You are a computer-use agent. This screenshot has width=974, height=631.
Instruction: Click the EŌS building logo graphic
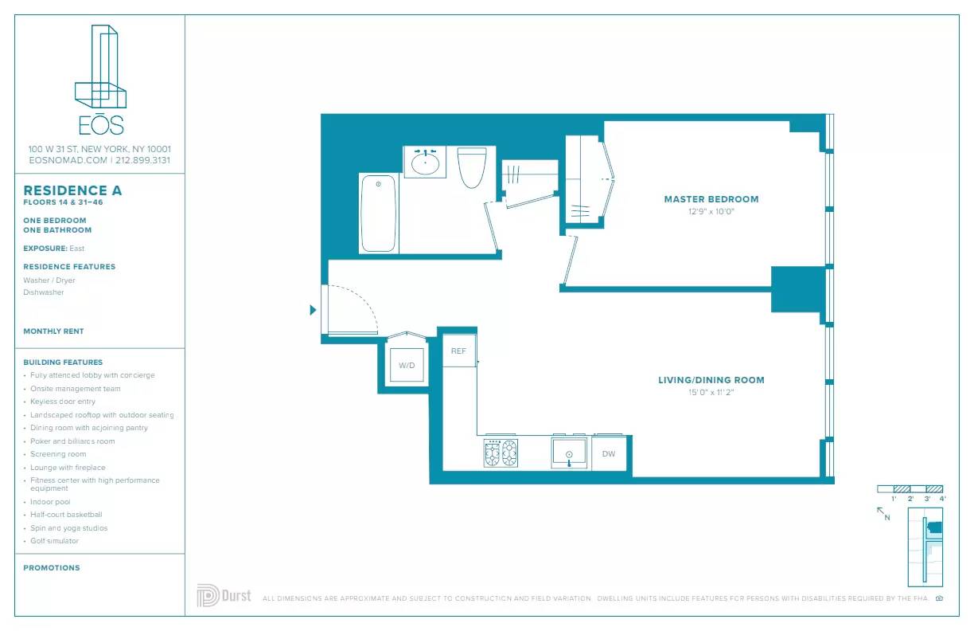pos(100,80)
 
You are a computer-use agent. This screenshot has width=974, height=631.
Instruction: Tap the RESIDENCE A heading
pos(72,190)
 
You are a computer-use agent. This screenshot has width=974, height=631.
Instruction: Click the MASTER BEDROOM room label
pos(711,199)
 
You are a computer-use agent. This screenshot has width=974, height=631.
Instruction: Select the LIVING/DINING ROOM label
pos(711,380)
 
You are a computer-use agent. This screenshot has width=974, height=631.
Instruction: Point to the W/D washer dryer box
pos(407,366)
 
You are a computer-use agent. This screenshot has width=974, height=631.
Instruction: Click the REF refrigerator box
pos(458,351)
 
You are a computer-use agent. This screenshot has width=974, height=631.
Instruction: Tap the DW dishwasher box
pos(609,454)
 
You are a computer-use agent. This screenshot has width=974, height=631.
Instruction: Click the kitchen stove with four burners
pos(501,453)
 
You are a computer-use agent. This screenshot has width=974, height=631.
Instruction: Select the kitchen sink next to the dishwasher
pos(570,453)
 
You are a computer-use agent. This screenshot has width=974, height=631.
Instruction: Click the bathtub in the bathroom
pos(378,214)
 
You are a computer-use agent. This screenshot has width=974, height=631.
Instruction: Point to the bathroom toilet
pos(471,167)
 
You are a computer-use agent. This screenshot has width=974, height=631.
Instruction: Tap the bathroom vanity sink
pos(425,162)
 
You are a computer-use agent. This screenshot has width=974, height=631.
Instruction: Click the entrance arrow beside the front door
pos(313,310)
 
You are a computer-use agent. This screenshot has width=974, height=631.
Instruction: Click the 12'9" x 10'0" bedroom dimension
pos(711,212)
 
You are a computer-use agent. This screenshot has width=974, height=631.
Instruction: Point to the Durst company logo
pos(224,596)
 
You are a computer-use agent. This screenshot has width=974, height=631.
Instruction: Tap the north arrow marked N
pos(883,512)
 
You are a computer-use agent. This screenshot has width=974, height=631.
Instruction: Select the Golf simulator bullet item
pos(53,541)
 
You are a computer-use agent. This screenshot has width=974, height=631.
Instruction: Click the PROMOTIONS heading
pos(52,568)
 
